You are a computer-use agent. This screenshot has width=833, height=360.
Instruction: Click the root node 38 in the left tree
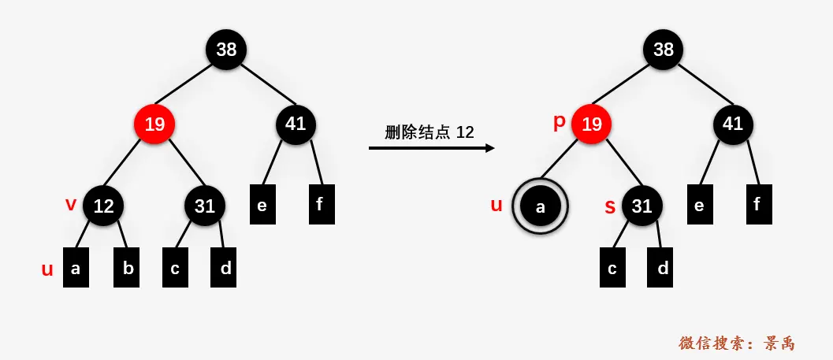[226, 50]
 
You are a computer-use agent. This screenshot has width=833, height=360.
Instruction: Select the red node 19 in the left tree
[154, 124]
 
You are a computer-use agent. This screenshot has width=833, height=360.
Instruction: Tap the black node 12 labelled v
[103, 206]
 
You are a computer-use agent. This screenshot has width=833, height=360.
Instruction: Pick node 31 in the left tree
[205, 206]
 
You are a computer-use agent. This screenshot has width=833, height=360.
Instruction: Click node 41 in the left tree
[296, 124]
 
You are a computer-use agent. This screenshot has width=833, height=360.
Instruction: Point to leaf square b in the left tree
[127, 268]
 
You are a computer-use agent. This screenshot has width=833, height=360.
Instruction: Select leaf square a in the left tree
[76, 268]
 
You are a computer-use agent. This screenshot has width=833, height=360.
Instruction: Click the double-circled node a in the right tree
[540, 206]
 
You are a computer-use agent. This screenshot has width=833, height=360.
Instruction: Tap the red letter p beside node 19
[560, 121]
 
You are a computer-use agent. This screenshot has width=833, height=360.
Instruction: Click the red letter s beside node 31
[609, 207]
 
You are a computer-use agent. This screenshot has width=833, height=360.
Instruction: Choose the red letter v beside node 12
[71, 204]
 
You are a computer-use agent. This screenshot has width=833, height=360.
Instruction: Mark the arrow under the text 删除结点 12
[431, 147]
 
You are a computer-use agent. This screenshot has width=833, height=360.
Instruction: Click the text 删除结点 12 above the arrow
[430, 132]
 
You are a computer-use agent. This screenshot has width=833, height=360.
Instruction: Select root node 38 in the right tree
[664, 50]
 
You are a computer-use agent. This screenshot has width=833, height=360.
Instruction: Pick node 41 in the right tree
[733, 124]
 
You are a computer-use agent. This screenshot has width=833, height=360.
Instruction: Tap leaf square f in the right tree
[758, 204]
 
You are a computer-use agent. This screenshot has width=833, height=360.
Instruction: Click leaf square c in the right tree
[612, 268]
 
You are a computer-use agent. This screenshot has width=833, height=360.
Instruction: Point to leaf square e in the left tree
[262, 204]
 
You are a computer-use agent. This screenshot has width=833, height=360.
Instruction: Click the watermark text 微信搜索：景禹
[737, 343]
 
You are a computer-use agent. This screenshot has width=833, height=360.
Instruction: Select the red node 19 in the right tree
[592, 124]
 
